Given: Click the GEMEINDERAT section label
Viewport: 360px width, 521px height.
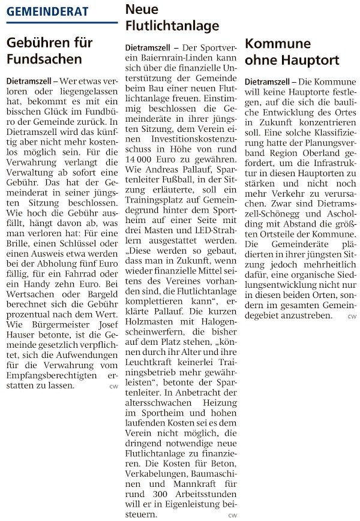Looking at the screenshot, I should click(x=47, y=11).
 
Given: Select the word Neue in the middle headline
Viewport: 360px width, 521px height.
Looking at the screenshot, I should click(x=142, y=9).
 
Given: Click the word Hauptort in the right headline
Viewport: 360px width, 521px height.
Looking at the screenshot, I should click(x=311, y=60).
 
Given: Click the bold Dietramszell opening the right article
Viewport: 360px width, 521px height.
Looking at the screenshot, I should click(x=268, y=81).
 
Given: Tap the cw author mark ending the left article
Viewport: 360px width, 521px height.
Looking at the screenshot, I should click(x=113, y=386).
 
